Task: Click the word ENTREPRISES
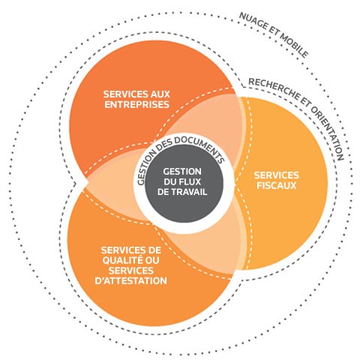[136, 104]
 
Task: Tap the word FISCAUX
[276, 185]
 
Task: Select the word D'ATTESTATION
[130, 280]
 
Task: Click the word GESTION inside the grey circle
[182, 172]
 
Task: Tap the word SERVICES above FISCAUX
[277, 175]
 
